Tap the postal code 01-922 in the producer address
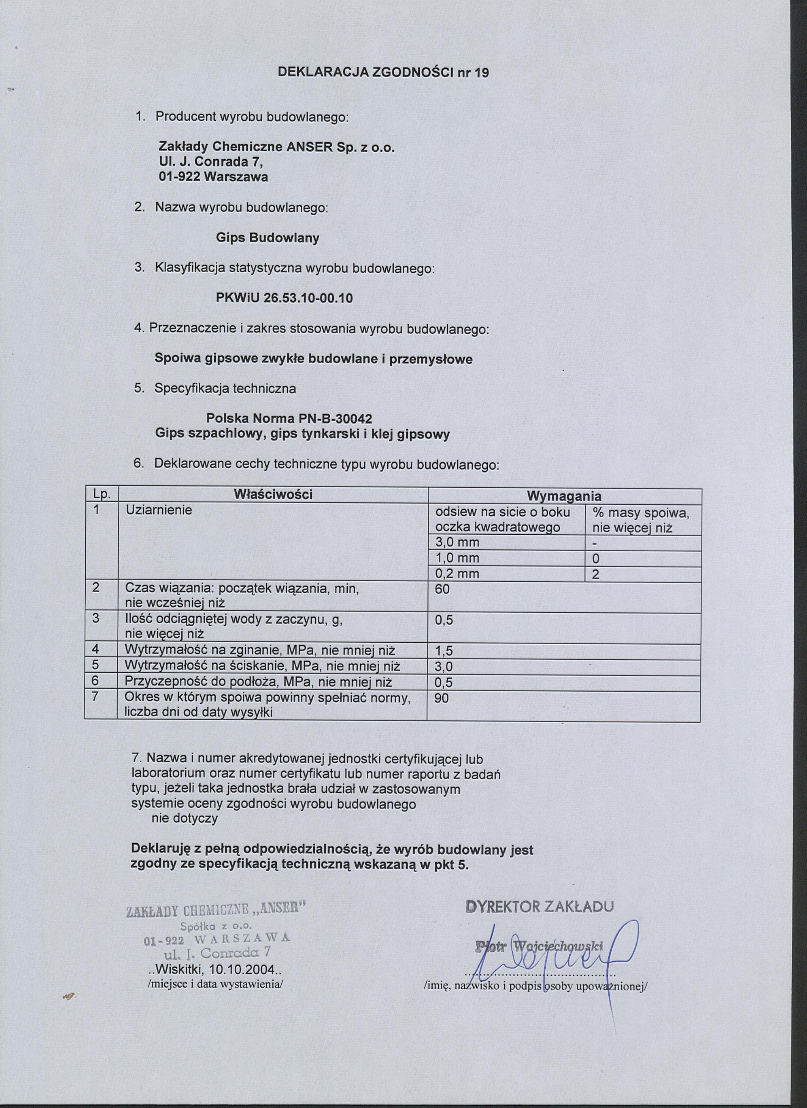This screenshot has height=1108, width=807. (178, 176)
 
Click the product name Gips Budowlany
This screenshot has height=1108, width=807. (267, 238)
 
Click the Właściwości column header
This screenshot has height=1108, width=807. (273, 494)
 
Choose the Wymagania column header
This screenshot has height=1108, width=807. (564, 496)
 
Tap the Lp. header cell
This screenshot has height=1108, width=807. (102, 494)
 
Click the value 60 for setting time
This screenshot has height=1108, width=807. (442, 589)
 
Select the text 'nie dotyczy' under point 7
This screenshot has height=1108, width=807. (185, 819)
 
